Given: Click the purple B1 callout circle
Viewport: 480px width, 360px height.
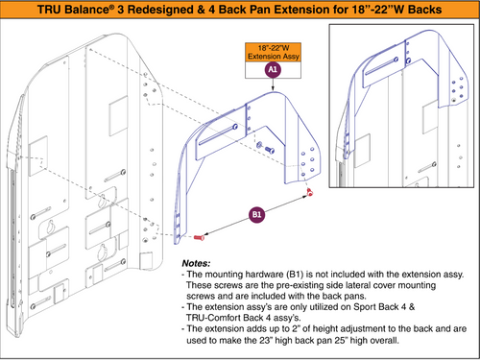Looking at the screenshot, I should (256, 213).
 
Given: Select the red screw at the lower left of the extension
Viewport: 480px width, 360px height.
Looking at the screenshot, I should (199, 235).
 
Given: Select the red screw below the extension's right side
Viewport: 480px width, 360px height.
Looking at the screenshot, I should (310, 196).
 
